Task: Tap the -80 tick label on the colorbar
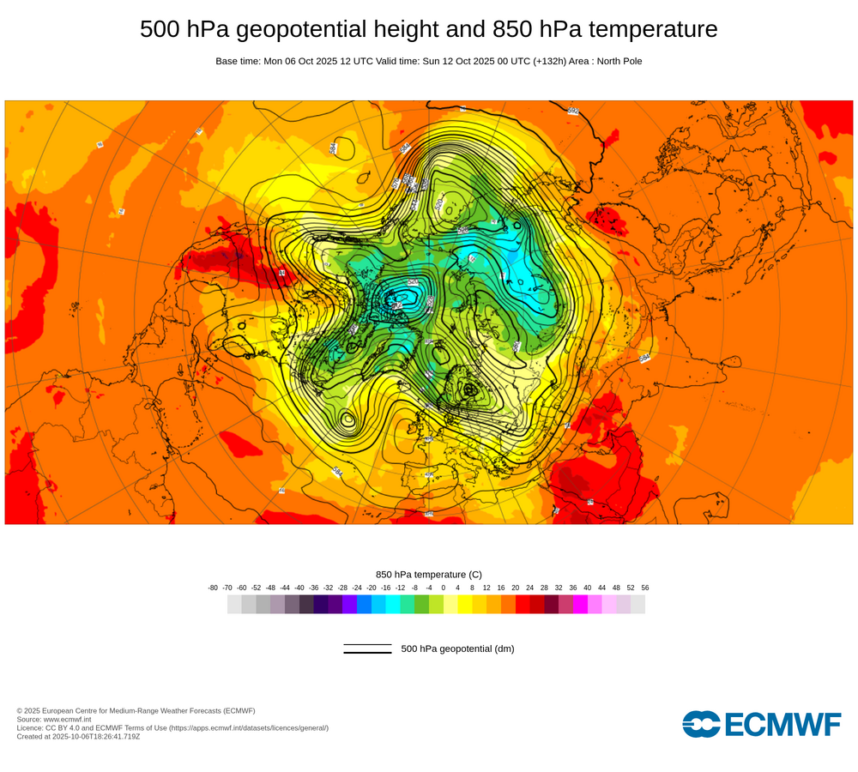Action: [x=213, y=588]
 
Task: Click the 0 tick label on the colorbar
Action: [x=444, y=588]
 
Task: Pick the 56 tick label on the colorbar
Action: [x=645, y=588]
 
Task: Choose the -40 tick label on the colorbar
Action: [x=299, y=588]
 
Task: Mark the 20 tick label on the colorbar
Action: [x=515, y=588]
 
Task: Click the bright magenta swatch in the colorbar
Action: [x=580, y=604]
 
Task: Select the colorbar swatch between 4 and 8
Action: [x=465, y=604]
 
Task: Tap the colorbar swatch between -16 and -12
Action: [x=393, y=604]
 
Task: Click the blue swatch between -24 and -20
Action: [x=364, y=604]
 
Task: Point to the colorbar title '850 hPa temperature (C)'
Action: [x=429, y=575]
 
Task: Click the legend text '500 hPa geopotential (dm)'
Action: [x=457, y=649]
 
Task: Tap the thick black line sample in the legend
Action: [x=367, y=653]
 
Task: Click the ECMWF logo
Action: [x=761, y=724]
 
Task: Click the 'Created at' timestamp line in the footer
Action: [x=78, y=736]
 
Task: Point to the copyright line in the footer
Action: [x=136, y=710]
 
